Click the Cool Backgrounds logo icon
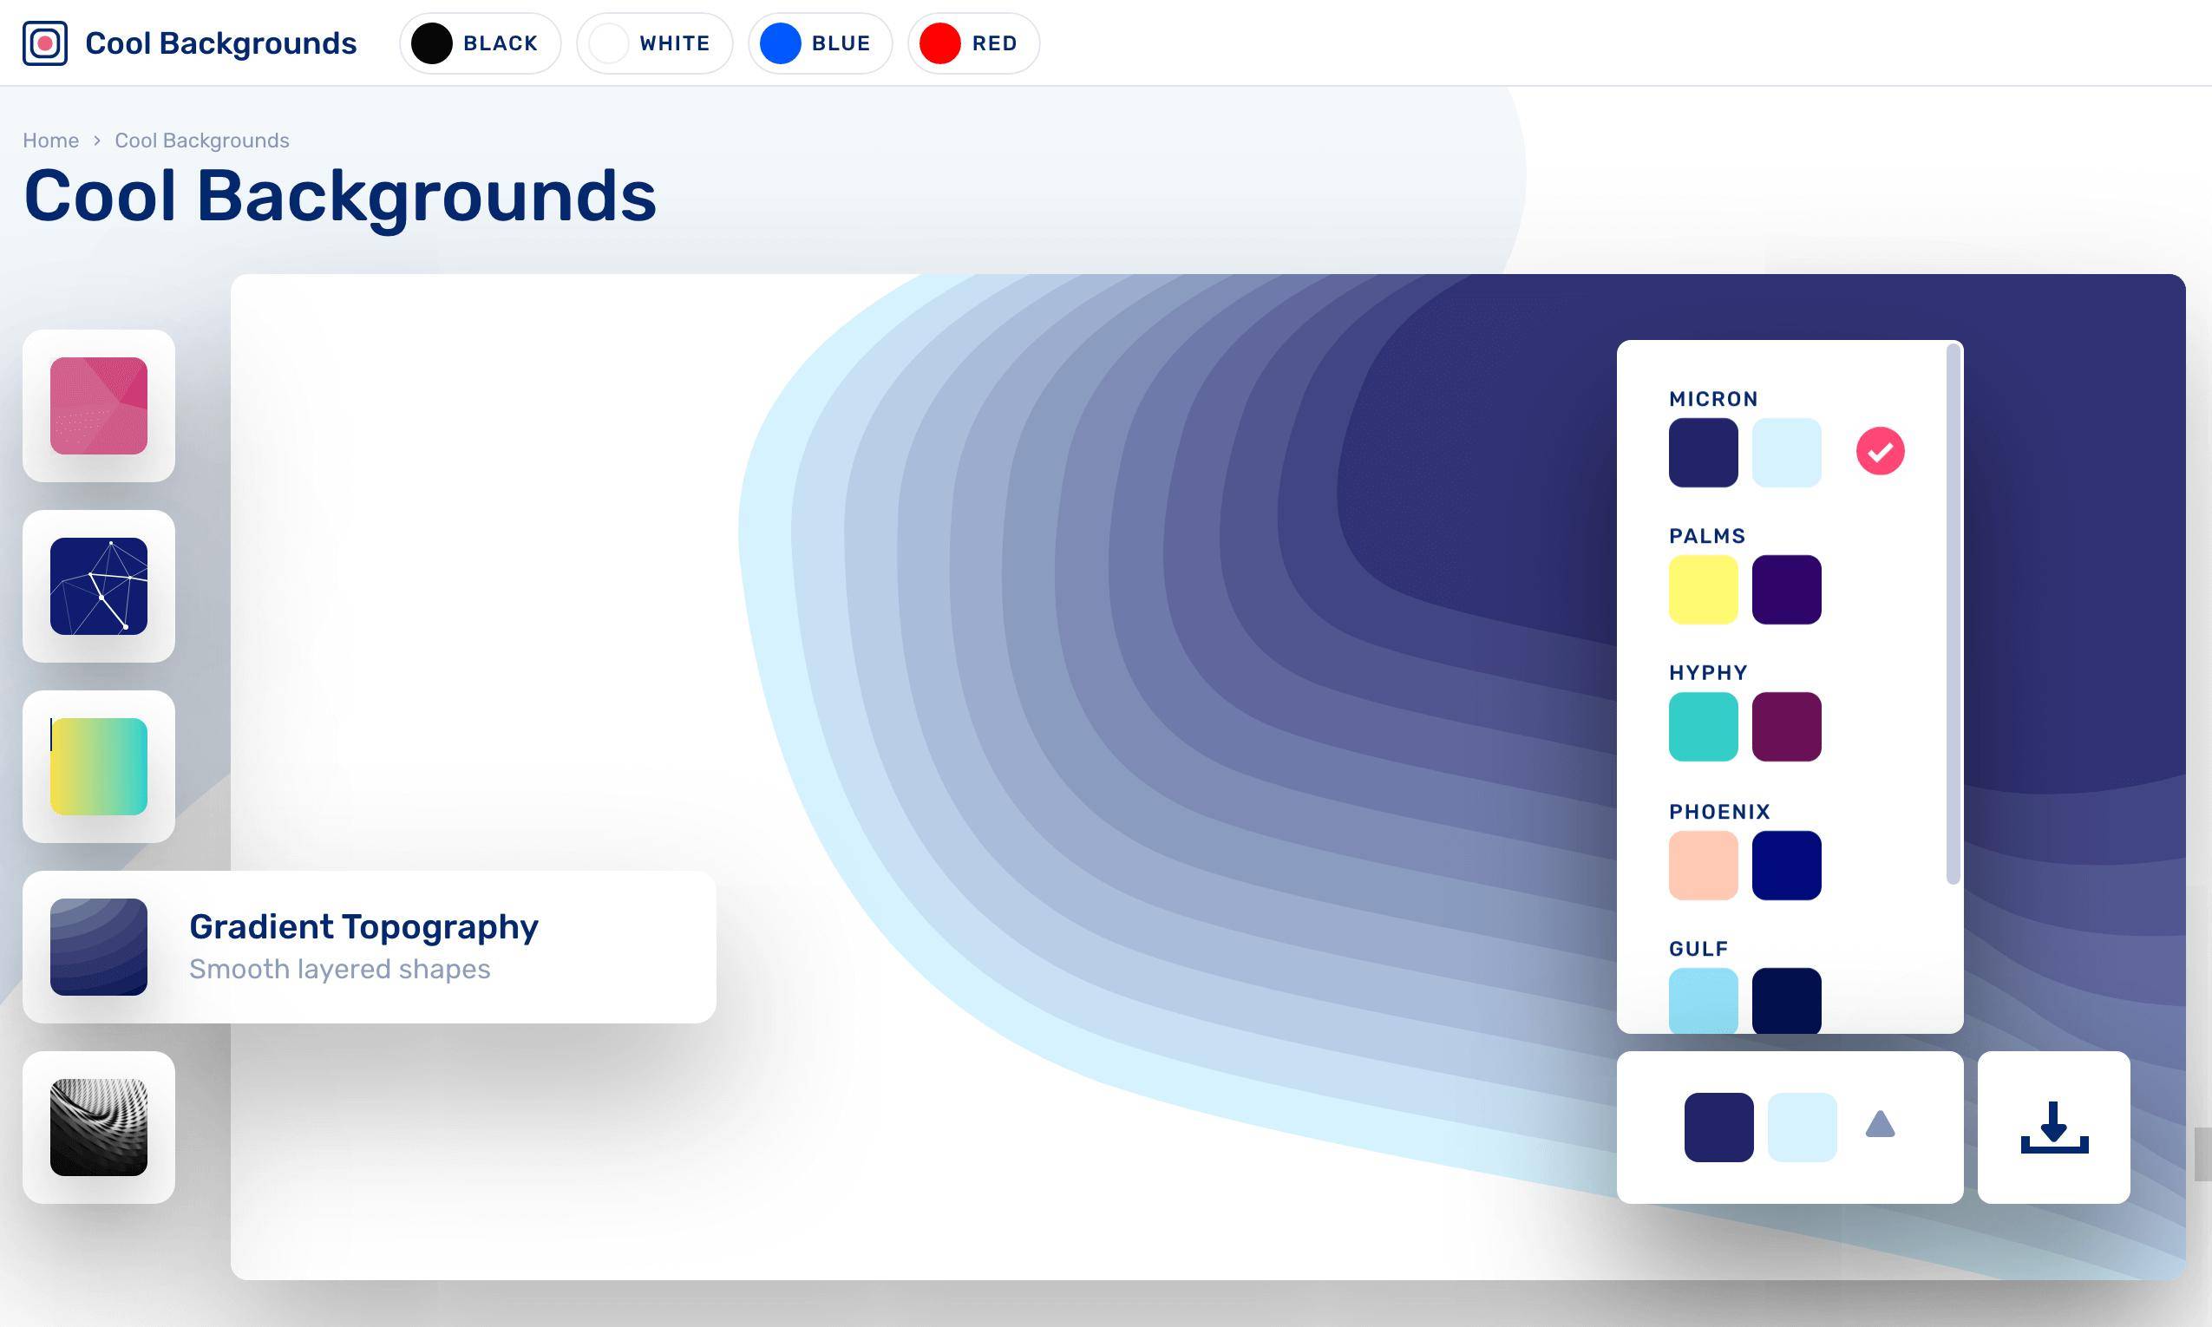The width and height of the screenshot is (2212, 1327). tap(45, 42)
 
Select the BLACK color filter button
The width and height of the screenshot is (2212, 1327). tap(480, 42)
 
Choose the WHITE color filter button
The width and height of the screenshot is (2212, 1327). tap(654, 42)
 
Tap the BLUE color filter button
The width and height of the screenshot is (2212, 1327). tap(820, 42)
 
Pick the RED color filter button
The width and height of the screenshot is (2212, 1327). tap(973, 42)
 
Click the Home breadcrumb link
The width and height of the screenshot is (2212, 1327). tap(51, 141)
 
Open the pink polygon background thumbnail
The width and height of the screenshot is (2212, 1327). tap(98, 406)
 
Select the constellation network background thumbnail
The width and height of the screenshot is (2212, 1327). tap(98, 585)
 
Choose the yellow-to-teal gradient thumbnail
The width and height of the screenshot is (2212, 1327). tap(98, 767)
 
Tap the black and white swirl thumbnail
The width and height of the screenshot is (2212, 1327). tap(98, 1127)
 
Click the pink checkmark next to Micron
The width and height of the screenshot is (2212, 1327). tap(1881, 451)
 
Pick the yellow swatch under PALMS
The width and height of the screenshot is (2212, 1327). tap(1704, 589)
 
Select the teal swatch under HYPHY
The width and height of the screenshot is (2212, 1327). tap(1704, 727)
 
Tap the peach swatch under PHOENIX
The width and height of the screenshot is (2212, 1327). tap(1704, 866)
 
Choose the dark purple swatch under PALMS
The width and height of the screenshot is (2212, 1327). tap(1786, 589)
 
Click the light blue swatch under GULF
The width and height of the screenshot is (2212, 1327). tap(1704, 1001)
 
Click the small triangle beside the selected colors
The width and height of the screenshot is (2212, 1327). tap(1881, 1124)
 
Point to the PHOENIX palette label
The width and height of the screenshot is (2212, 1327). tap(1719, 812)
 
